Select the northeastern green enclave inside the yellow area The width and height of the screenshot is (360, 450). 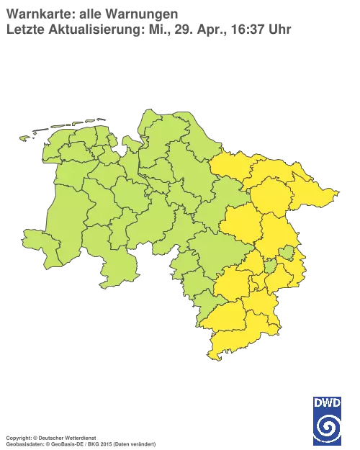pyautogui.click(x=287, y=251)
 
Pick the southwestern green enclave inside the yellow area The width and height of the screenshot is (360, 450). pyautogui.click(x=270, y=267)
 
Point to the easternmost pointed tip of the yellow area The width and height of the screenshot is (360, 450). pyautogui.click(x=336, y=192)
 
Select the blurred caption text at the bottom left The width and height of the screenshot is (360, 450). pyautogui.click(x=79, y=438)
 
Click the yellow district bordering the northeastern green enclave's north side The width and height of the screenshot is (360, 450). pyautogui.click(x=277, y=230)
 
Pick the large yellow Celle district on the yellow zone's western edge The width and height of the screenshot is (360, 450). pyautogui.click(x=241, y=223)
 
